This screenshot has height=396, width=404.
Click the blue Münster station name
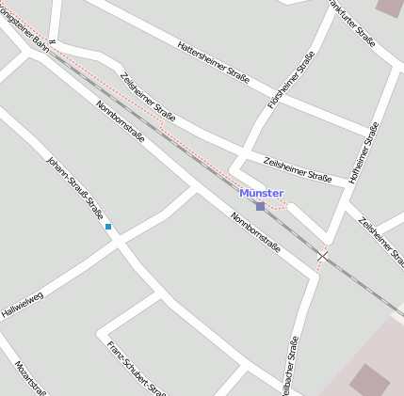click(x=261, y=193)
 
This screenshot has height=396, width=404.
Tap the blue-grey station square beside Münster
click(x=260, y=206)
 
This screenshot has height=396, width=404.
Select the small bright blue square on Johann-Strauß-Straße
click(x=108, y=227)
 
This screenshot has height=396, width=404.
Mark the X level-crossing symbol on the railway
click(x=323, y=256)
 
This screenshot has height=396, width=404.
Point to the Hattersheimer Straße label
click(x=213, y=63)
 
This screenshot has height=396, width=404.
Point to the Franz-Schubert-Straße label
click(x=137, y=369)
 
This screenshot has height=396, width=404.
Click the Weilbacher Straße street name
click(x=289, y=367)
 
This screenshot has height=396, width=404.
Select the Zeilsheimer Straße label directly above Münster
click(x=298, y=169)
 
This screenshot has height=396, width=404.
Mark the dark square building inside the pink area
click(x=368, y=380)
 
